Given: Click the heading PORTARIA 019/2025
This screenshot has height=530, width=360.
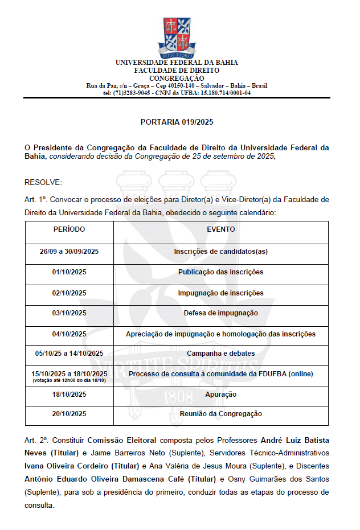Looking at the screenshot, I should tap(177, 122).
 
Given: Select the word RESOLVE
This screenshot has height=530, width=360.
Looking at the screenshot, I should tap(43, 182).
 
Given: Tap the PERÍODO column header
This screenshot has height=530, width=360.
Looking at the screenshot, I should tap(69, 229).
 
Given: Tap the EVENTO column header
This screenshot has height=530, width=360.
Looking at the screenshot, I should tap(220, 229).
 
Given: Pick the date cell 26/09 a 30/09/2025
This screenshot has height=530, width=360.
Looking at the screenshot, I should tap(69, 251).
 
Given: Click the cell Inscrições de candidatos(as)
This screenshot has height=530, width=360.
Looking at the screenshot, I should tap(220, 251).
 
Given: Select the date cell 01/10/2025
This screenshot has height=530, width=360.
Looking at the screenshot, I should tap(69, 272).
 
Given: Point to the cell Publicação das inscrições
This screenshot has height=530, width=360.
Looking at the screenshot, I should tap(220, 272).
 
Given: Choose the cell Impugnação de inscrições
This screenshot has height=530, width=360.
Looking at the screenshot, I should tap(220, 293).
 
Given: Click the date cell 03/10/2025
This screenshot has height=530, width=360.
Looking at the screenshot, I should tap(69, 313).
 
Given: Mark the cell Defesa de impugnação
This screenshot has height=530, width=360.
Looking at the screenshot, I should tap(220, 313).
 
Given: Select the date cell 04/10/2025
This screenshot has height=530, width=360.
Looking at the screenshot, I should tap(69, 334).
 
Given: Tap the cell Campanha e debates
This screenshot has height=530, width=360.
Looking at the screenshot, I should tap(220, 354).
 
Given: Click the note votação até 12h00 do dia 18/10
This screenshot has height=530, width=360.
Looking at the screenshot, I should tap(69, 380).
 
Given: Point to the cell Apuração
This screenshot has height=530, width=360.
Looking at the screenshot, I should tap(220, 395).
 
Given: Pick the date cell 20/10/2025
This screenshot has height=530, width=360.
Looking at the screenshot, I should tap(69, 414).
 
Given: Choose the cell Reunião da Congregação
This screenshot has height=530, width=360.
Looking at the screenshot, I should tap(220, 414).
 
